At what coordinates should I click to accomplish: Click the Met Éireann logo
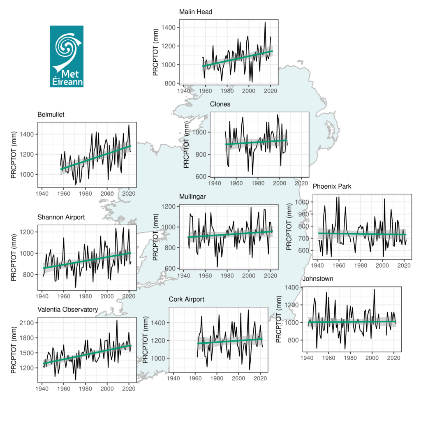tap(67, 56)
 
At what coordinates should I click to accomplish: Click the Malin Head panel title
tap(196, 12)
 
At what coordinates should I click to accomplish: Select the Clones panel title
tap(220, 104)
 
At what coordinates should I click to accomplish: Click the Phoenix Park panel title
tap(332, 186)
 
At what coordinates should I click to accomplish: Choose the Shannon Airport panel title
tap(61, 217)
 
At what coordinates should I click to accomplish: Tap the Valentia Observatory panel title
tap(67, 310)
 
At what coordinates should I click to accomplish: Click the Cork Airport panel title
tap(187, 299)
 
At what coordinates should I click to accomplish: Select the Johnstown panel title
tap(318, 279)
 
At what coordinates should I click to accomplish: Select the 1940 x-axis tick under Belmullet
tap(42, 192)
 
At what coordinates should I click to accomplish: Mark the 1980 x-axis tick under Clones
tap(258, 183)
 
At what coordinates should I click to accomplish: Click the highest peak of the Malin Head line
tap(265, 22)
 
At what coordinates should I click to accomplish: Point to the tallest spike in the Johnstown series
tap(374, 289)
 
